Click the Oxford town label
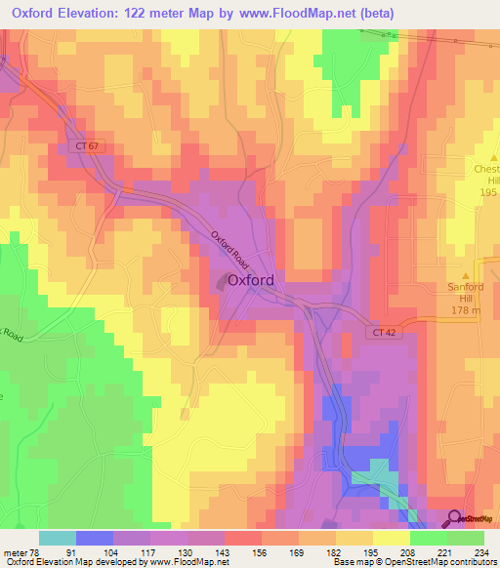(250, 280)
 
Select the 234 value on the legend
(479, 551)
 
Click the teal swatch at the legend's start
(57, 538)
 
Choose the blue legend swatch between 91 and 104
(95, 538)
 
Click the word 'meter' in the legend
(13, 551)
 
